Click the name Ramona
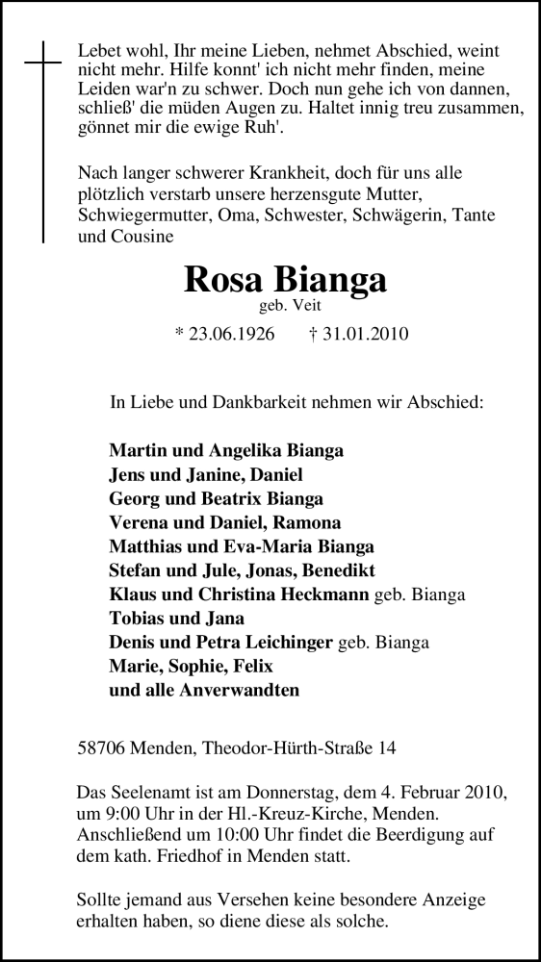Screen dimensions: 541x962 [x=305, y=523]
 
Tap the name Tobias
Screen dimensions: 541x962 [x=137, y=619]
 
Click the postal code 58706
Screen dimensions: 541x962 [x=98, y=746]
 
